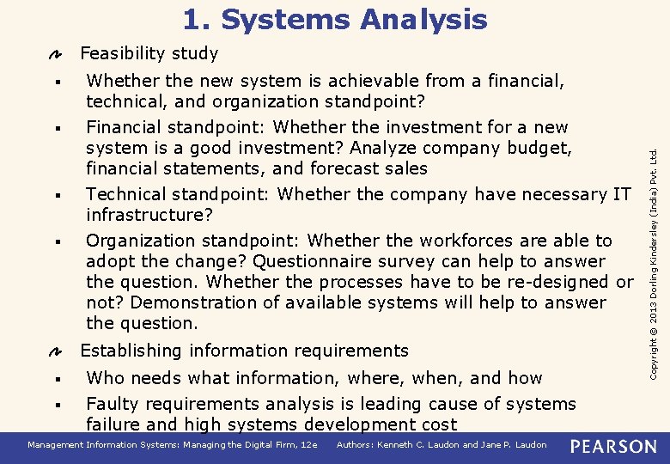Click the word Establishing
click(131, 351)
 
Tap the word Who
click(106, 378)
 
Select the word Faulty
click(113, 404)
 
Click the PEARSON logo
click(613, 446)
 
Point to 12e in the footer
click(309, 445)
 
